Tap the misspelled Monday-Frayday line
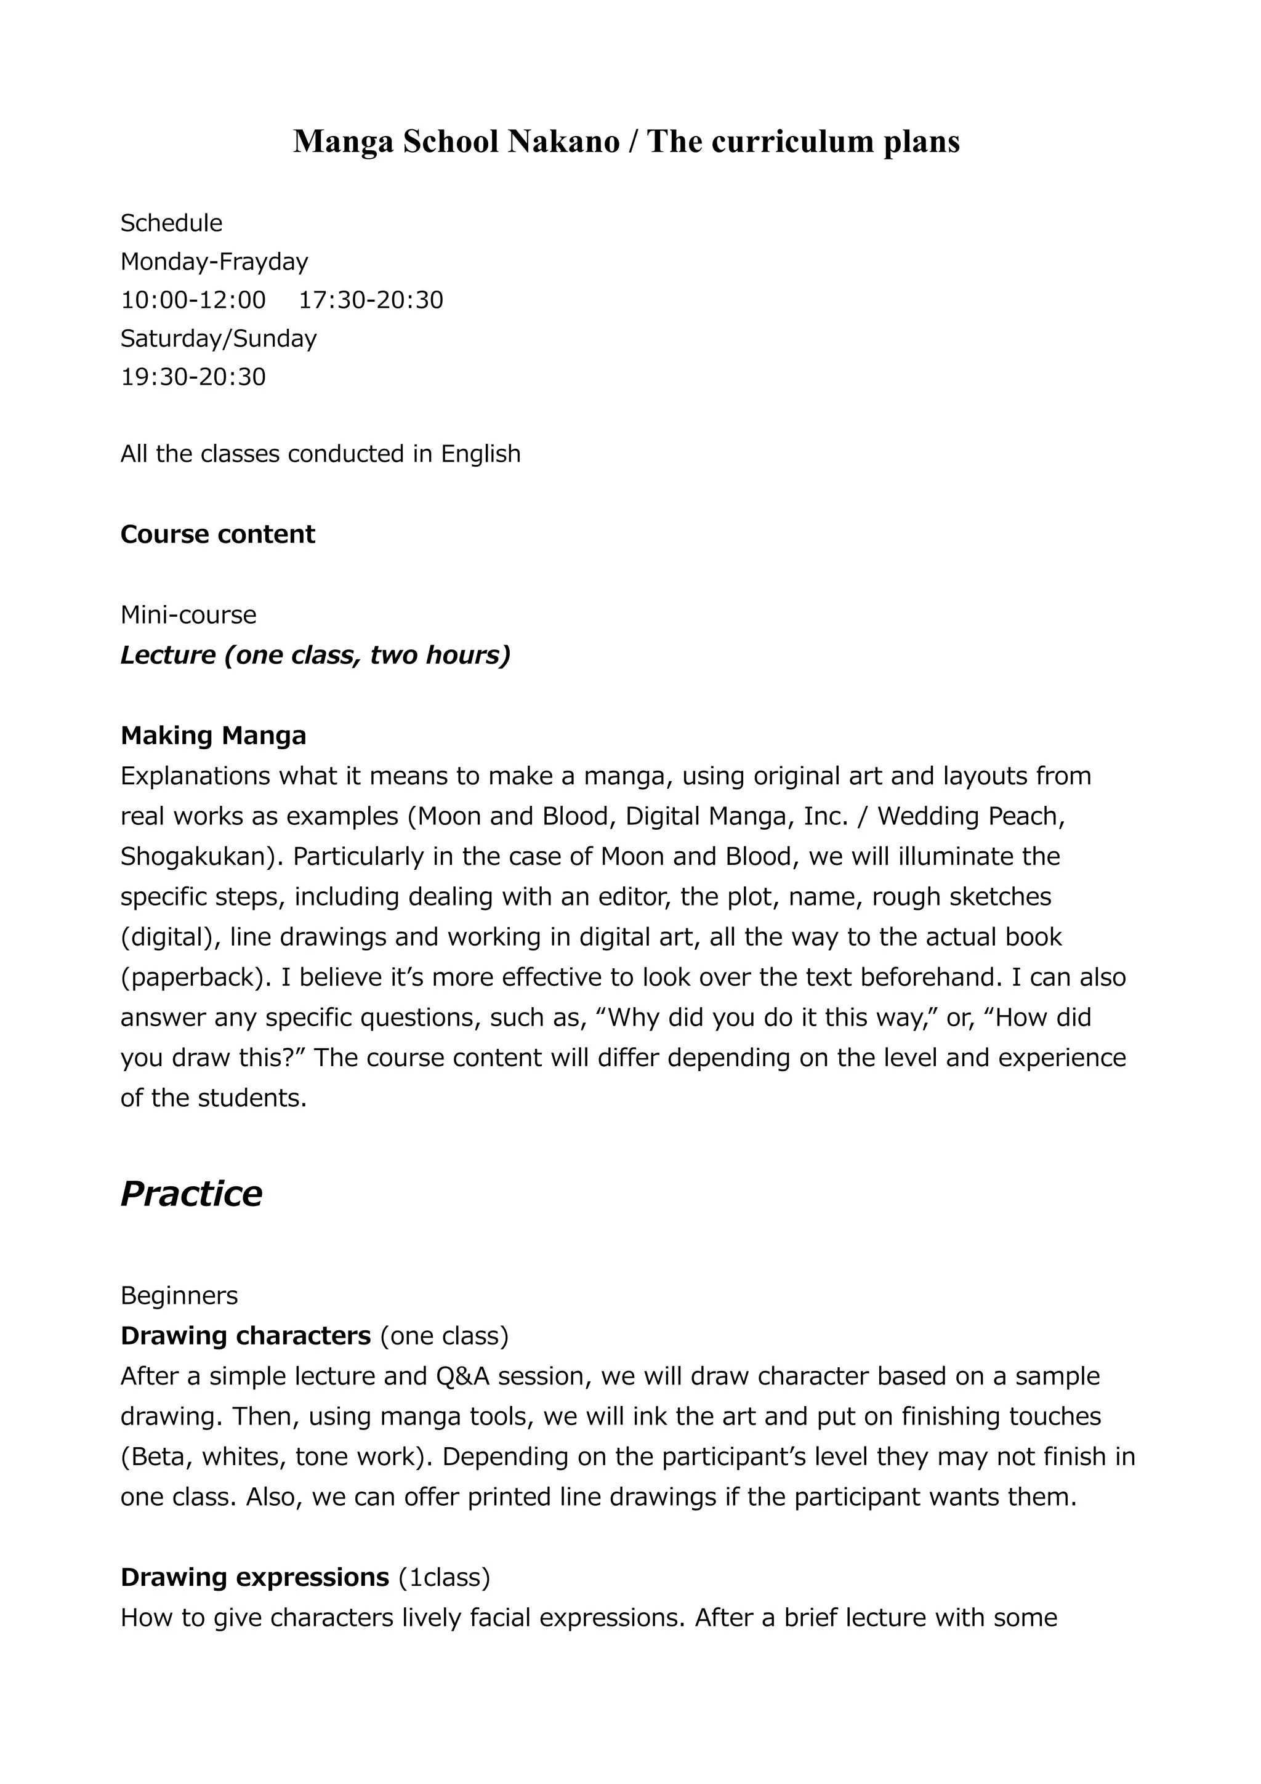click(x=214, y=262)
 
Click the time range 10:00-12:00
click(x=193, y=300)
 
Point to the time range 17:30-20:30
click(x=371, y=300)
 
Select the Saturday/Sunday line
click(x=219, y=339)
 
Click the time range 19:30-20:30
click(x=193, y=377)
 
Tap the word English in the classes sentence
click(x=480, y=454)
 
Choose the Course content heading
click(x=217, y=534)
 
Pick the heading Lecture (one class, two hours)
click(x=315, y=656)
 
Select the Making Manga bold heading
click(x=213, y=736)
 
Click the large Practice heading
click(x=191, y=1194)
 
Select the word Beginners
click(x=179, y=1296)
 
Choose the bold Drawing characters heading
click(x=246, y=1336)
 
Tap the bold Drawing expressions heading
click(x=255, y=1577)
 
